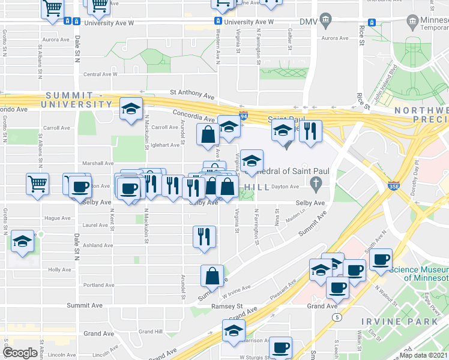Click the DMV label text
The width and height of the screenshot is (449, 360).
click(308, 22)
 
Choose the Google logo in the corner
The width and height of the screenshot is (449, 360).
click(20, 353)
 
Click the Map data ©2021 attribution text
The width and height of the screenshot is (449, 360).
click(423, 355)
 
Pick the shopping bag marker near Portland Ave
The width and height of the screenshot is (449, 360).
click(212, 276)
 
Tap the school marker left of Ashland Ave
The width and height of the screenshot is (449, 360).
click(23, 242)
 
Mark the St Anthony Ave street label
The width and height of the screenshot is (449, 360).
click(191, 94)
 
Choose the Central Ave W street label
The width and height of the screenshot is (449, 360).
click(100, 74)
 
